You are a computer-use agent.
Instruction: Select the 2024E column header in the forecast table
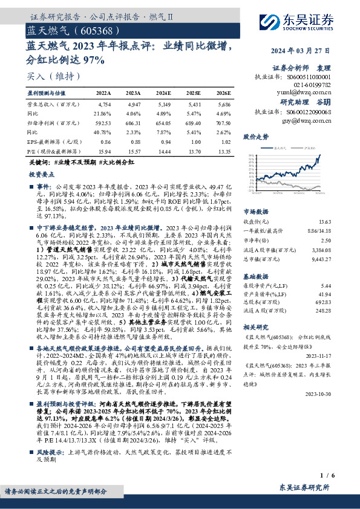pos(163,93)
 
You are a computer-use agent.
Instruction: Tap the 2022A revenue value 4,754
pos(104,105)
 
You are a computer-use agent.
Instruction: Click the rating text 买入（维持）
pos(54,77)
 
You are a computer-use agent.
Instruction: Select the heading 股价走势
pos(256,137)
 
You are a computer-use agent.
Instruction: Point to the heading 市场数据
pos(255,212)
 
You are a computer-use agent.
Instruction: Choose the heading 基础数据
pos(255,274)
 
